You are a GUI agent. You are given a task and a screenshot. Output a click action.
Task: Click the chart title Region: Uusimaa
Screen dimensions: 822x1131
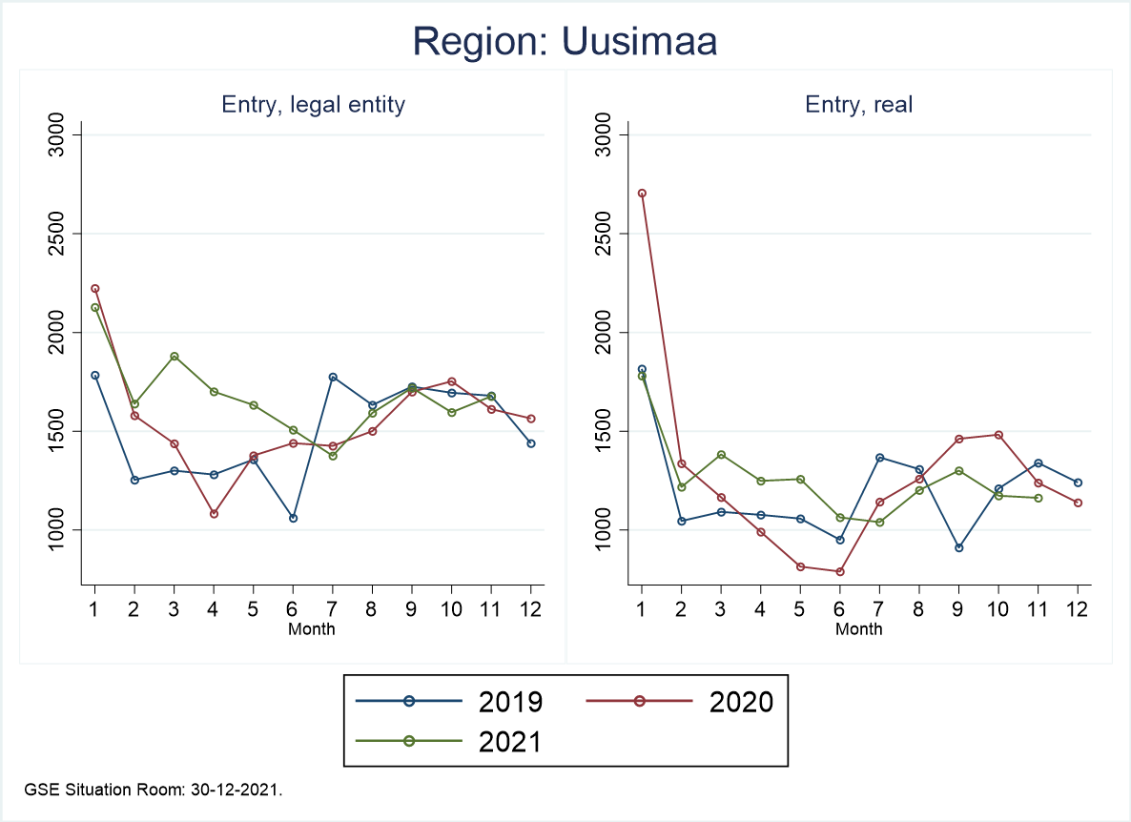(565, 42)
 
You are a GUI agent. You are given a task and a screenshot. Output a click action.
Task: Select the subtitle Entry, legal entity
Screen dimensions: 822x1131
(313, 104)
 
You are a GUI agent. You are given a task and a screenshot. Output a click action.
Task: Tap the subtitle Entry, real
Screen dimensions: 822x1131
(859, 104)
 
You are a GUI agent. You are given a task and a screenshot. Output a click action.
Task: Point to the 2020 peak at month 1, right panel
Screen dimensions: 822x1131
(642, 193)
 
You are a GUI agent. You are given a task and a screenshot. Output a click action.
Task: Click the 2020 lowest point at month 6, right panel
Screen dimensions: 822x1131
(840, 571)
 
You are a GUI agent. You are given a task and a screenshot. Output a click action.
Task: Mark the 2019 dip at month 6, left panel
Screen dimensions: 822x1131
(293, 518)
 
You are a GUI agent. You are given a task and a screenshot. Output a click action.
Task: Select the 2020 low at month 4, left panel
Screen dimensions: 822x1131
(214, 513)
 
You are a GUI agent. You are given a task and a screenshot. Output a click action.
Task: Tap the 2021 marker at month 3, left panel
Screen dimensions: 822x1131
(174, 357)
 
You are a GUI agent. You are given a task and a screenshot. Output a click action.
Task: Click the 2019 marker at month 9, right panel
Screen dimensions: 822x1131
(958, 547)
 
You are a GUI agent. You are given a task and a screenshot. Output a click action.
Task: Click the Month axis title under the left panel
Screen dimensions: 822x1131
(312, 628)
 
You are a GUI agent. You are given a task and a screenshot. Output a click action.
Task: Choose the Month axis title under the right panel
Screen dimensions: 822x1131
(859, 628)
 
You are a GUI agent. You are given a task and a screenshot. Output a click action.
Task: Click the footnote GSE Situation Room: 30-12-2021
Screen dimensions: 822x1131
(154, 791)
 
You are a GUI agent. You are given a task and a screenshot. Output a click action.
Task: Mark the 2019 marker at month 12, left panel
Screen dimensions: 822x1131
(530, 443)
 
